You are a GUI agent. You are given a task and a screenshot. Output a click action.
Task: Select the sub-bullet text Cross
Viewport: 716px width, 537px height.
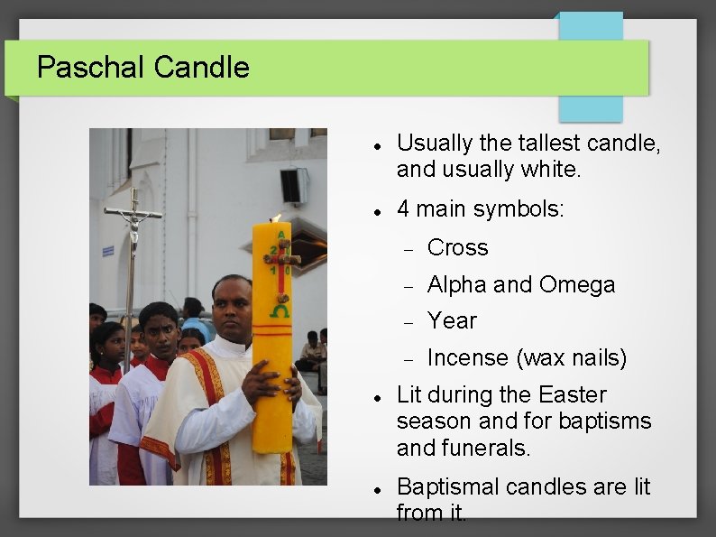pos(457,248)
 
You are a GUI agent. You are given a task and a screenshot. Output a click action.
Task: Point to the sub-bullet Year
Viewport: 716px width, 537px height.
pos(452,321)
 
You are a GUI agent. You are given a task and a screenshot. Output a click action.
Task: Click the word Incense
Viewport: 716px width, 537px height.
pos(467,358)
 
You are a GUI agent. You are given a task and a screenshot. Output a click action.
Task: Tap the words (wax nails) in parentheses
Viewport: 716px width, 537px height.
pos(571,358)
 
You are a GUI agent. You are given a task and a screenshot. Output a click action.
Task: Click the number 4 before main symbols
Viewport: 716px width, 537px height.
pos(403,209)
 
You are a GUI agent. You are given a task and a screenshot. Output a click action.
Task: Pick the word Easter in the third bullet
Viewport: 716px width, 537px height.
pos(573,395)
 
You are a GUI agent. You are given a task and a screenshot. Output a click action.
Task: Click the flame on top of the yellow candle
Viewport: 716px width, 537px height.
pos(276,218)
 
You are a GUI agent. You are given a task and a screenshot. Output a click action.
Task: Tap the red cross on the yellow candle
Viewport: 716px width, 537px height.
pos(282,258)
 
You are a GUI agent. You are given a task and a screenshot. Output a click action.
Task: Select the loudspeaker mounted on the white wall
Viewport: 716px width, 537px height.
pos(292,186)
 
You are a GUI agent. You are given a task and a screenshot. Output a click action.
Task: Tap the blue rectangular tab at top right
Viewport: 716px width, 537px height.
pos(591,68)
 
